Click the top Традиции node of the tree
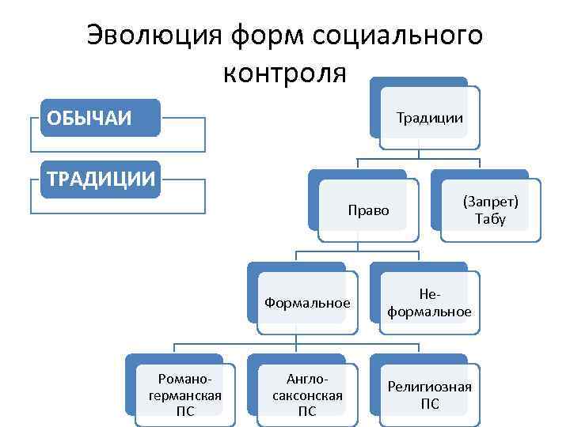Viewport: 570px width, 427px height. point(428,118)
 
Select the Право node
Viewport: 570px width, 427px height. point(368,210)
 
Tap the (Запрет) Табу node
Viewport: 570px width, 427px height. point(490,210)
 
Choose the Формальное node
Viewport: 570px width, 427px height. point(307,302)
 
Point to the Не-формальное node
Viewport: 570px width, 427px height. point(429,302)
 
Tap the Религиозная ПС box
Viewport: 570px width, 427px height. point(429,394)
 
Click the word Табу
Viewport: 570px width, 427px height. point(490,219)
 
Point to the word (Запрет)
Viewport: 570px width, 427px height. point(490,202)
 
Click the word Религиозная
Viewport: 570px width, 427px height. point(429,386)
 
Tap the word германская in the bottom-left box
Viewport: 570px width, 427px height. point(184,395)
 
